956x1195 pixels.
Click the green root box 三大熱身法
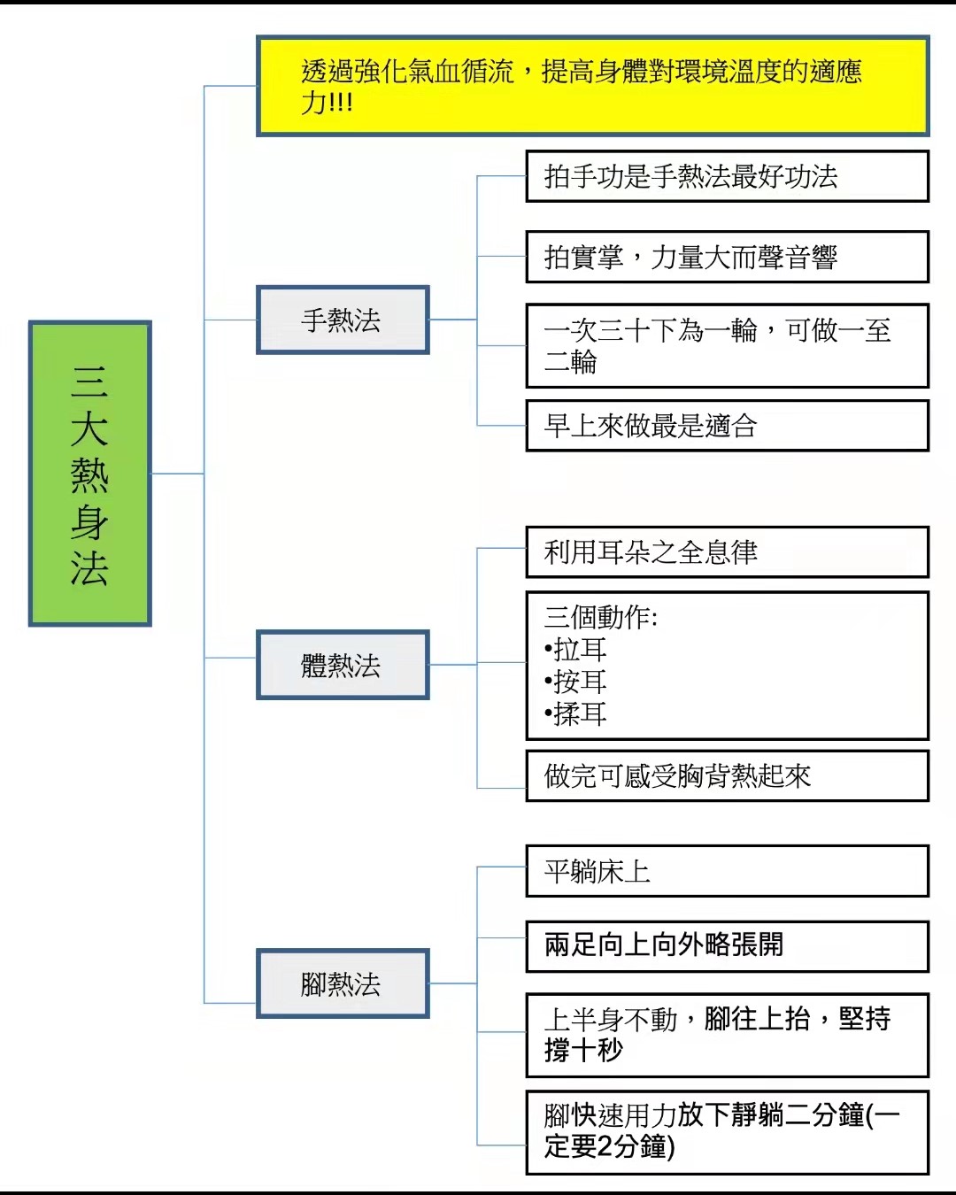point(90,473)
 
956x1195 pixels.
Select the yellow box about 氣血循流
point(593,86)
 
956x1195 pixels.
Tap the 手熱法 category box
point(343,320)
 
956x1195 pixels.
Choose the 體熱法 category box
point(343,665)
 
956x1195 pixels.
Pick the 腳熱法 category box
point(343,983)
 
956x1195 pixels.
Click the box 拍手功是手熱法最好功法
point(727,176)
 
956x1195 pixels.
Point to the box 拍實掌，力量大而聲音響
point(727,257)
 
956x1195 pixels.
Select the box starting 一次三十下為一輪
point(727,345)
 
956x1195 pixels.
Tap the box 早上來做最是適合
point(727,426)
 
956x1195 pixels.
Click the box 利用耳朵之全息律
point(727,552)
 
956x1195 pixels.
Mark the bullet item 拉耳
point(575,649)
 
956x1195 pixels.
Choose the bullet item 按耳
point(575,682)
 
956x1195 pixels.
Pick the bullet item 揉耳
point(575,713)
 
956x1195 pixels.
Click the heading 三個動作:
point(601,617)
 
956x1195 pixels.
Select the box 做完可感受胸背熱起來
point(727,775)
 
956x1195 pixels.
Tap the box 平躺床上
point(727,871)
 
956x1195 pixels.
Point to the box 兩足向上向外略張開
point(727,947)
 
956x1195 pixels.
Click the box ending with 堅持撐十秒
point(727,1035)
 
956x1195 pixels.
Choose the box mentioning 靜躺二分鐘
point(727,1132)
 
